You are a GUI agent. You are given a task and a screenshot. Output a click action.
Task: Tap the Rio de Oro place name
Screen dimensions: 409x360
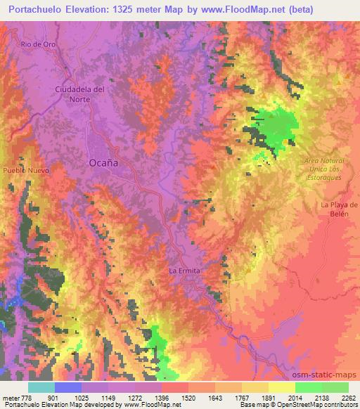[38, 44]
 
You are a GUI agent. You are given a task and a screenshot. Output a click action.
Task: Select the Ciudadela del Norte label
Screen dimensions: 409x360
[81, 93]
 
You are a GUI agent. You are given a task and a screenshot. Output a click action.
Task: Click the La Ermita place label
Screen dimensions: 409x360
[185, 271]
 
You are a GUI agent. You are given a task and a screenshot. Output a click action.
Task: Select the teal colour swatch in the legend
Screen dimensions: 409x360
[41, 387]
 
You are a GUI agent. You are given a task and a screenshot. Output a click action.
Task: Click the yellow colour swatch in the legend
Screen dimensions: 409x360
[282, 387]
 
